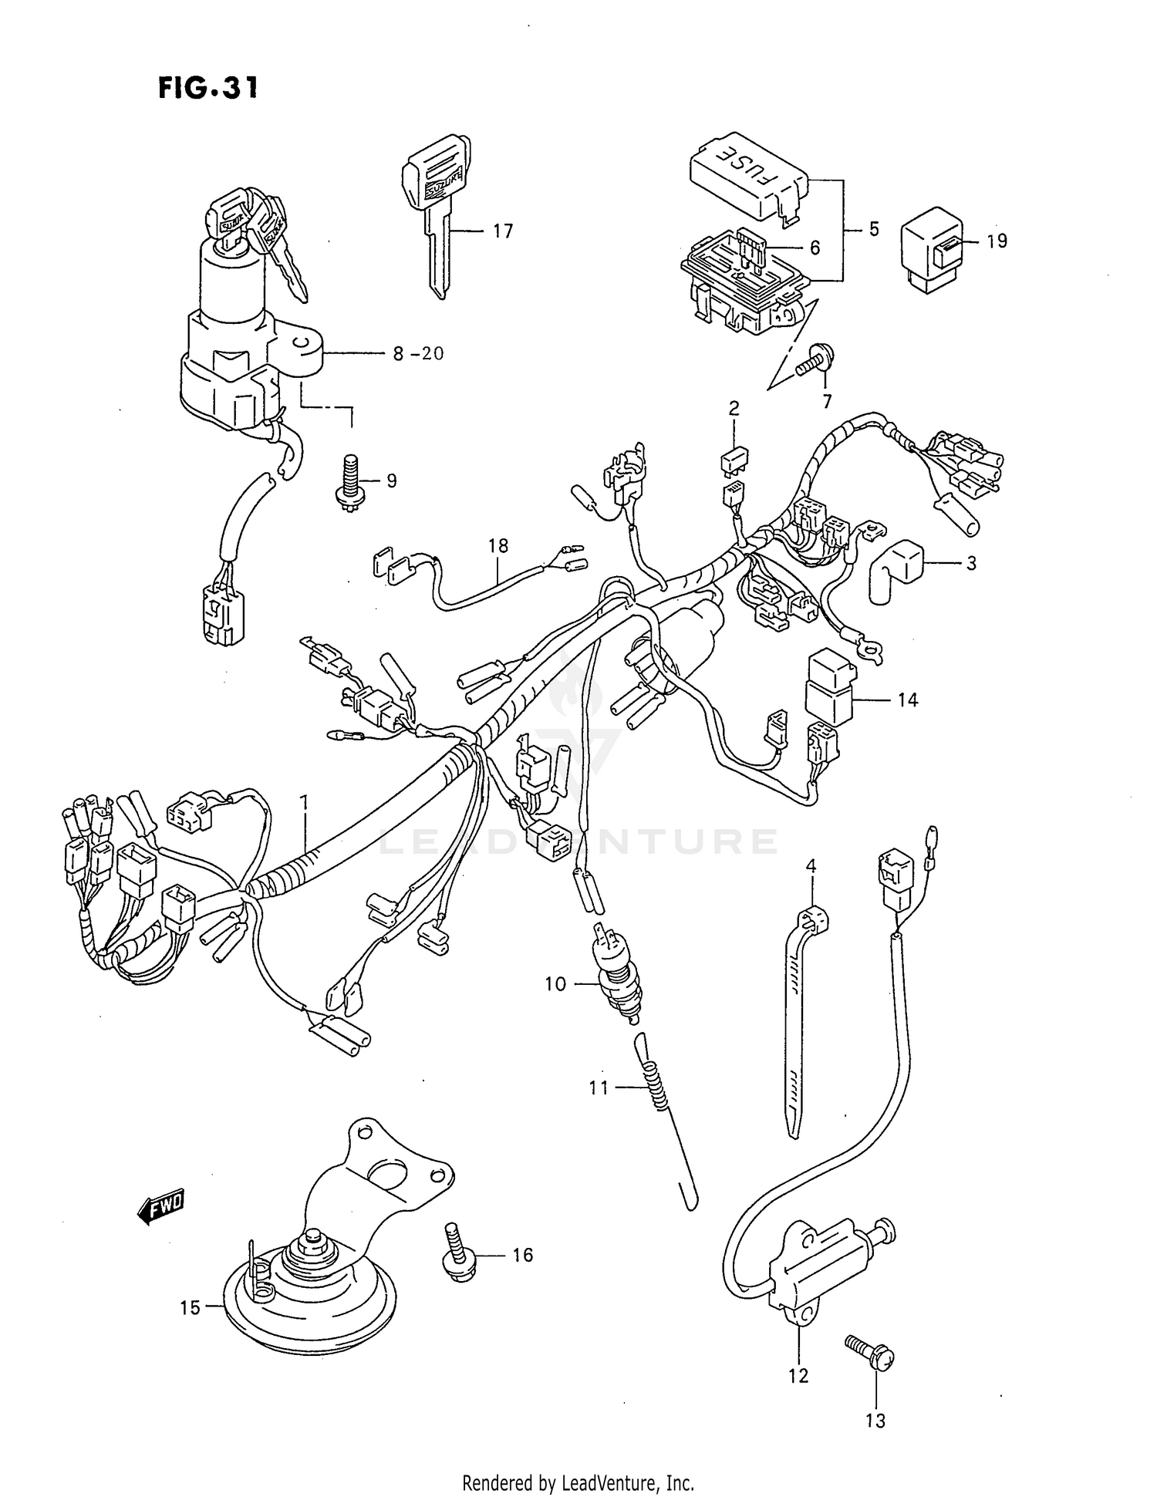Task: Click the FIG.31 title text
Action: click(x=207, y=88)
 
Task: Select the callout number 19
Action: click(x=997, y=241)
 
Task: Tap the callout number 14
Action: click(x=907, y=700)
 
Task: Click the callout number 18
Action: click(x=498, y=545)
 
